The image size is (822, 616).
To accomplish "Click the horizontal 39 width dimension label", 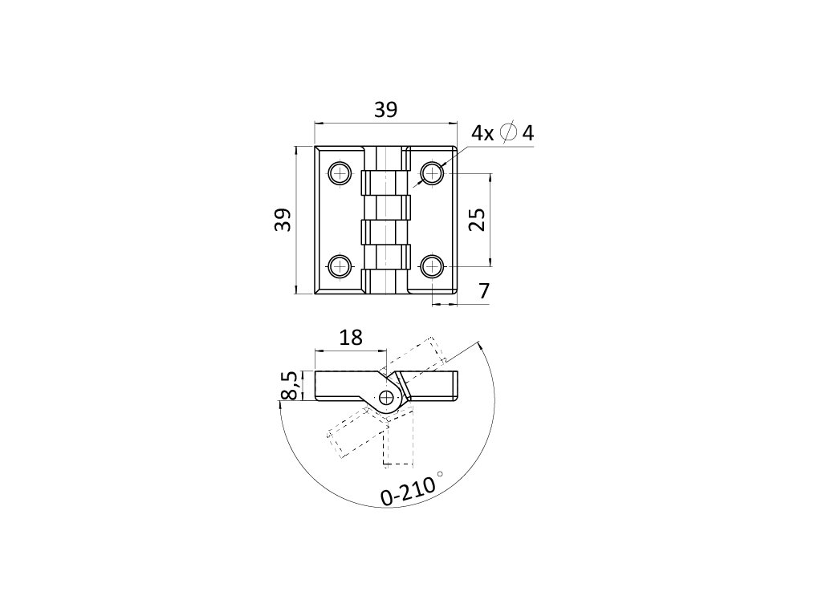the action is pyautogui.click(x=385, y=110).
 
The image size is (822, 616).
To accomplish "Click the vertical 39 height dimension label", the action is pyautogui.click(x=282, y=220).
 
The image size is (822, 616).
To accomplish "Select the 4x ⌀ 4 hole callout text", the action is pyautogui.click(x=503, y=133).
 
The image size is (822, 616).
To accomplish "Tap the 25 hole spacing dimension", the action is pyautogui.click(x=476, y=219).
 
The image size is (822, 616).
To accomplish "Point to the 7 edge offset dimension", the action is pyautogui.click(x=484, y=292).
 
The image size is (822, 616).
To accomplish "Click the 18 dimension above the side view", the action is pyautogui.click(x=351, y=337).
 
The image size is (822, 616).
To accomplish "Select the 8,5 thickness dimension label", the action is pyautogui.click(x=290, y=385).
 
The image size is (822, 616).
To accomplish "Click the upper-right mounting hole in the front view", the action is pyautogui.click(x=433, y=172).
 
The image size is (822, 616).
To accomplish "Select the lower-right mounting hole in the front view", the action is pyautogui.click(x=433, y=265).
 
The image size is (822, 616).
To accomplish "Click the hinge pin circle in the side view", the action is pyautogui.click(x=389, y=397).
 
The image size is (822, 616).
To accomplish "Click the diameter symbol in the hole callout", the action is pyautogui.click(x=508, y=133).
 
